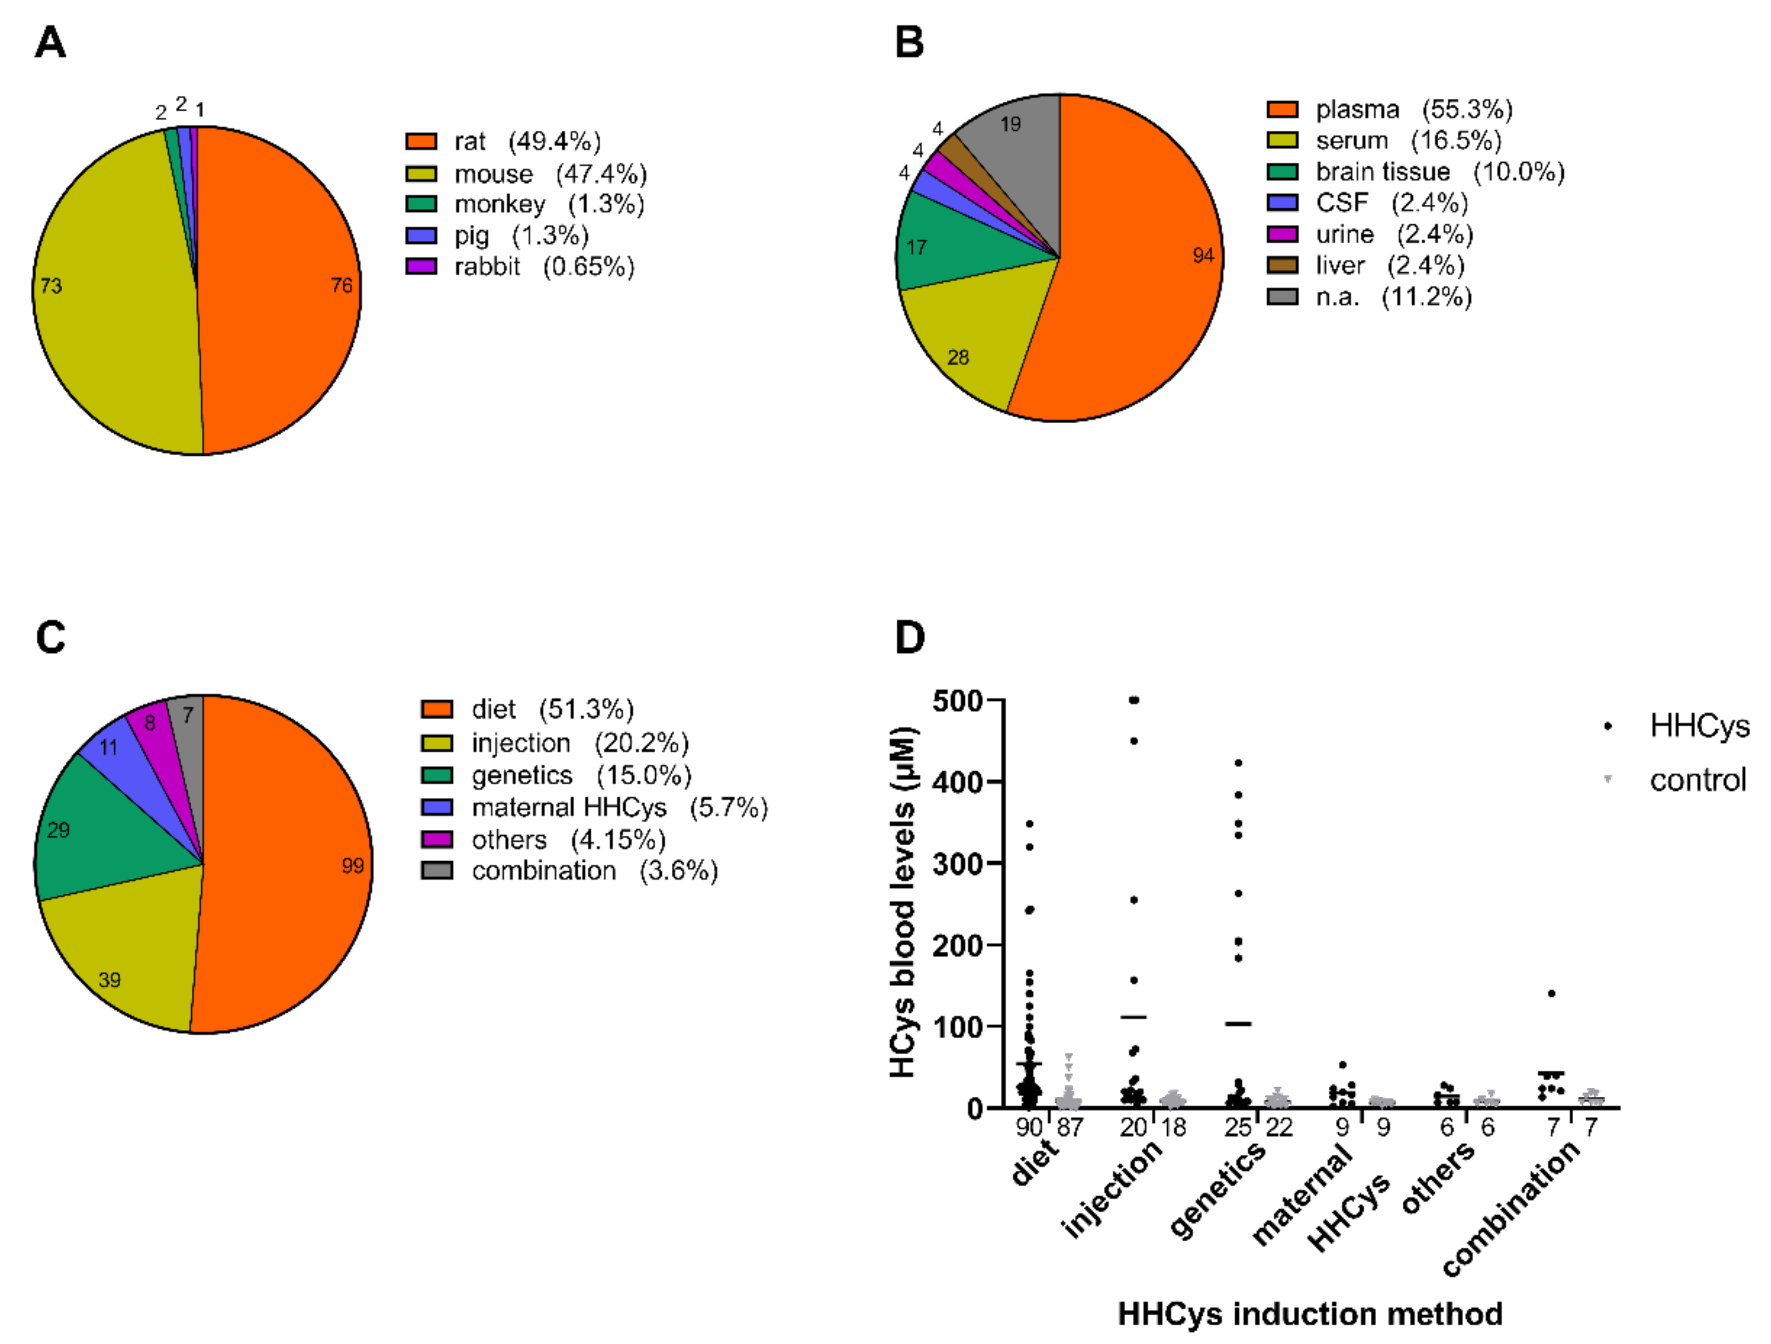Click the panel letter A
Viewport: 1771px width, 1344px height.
tap(49, 43)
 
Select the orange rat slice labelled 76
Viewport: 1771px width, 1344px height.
tap(280, 288)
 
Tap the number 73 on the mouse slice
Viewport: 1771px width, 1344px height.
tap(51, 286)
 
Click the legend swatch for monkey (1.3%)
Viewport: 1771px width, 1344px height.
tap(421, 204)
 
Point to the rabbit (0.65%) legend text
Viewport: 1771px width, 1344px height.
tap(544, 267)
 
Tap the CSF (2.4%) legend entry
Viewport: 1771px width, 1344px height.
tap(1391, 203)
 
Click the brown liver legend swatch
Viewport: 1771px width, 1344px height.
tap(1282, 265)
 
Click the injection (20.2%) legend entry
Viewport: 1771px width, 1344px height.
tap(580, 743)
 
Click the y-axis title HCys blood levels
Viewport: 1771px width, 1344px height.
tap(903, 901)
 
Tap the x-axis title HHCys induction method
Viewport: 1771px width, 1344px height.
tap(1310, 1314)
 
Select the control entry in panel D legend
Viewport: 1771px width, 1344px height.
tap(1697, 780)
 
